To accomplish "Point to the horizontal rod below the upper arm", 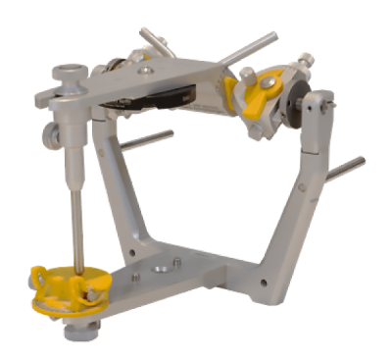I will coord(147,139).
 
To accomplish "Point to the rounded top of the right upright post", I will coord(318,99).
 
